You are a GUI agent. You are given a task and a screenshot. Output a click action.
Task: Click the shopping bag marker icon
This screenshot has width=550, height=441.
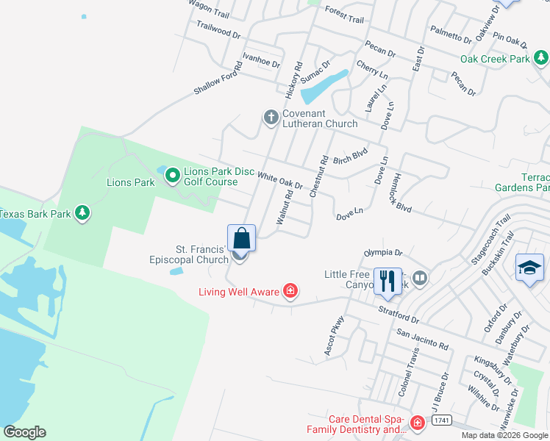click(241, 238)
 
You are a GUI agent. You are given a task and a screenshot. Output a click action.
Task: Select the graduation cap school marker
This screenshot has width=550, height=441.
click(529, 268)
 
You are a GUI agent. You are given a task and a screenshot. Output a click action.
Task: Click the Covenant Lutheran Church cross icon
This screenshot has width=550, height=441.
click(271, 117)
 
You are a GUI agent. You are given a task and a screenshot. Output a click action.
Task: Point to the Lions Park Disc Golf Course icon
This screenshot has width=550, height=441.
click(172, 175)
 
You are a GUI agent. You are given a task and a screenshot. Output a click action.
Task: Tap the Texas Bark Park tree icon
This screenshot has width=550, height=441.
click(83, 213)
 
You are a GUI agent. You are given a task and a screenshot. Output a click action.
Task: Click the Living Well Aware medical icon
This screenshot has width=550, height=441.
click(290, 292)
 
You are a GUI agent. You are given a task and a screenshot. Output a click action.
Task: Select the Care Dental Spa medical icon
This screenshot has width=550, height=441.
click(418, 423)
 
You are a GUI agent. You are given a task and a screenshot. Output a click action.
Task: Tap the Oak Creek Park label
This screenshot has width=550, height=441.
click(495, 59)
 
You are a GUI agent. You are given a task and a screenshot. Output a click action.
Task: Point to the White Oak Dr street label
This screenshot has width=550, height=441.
click(280, 179)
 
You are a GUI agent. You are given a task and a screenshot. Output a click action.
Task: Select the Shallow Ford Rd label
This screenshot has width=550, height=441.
click(216, 79)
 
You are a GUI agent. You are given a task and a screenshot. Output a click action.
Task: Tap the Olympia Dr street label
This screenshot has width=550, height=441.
click(384, 253)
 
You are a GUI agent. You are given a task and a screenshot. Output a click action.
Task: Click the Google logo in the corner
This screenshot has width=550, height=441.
click(24, 432)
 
